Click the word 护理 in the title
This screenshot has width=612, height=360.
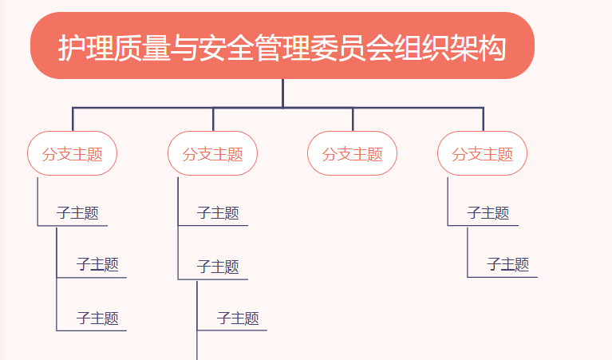pos(86,48)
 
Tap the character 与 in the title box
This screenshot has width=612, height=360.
pos(184,48)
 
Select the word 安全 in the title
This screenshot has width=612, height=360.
pos(227,48)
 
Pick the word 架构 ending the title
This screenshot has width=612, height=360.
pos(478,48)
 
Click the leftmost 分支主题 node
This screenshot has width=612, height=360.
pos(72,153)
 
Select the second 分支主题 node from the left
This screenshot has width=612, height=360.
pos(213,153)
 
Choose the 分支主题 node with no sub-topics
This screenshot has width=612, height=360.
pos(352,153)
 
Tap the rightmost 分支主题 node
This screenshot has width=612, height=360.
pos(483,153)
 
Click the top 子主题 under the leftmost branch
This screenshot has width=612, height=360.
pos(77,213)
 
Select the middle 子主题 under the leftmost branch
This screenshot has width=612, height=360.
pos(97,265)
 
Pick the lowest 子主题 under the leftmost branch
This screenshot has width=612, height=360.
pos(97,318)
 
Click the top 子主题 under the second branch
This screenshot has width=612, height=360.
pos(218,213)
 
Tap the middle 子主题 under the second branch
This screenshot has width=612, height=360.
pos(218,267)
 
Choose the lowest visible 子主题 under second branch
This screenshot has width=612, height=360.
pos(238,318)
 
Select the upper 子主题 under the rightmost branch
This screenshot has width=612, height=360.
pos(488,213)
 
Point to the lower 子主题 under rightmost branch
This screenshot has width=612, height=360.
pos(507,265)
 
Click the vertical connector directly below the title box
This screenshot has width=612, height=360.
pos(282,93)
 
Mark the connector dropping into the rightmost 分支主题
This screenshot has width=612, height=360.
pos(484,119)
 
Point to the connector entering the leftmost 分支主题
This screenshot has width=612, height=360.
pos(73,119)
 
